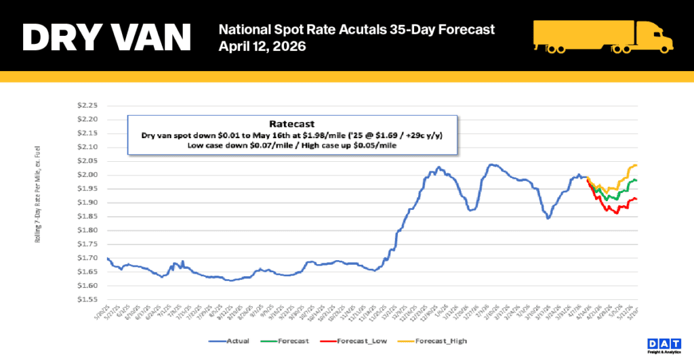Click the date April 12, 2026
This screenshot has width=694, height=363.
pos(262,47)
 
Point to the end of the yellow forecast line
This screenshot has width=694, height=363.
pos(637,165)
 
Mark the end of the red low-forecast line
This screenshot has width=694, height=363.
pos(637,198)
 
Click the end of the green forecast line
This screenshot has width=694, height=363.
pos(637,180)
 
